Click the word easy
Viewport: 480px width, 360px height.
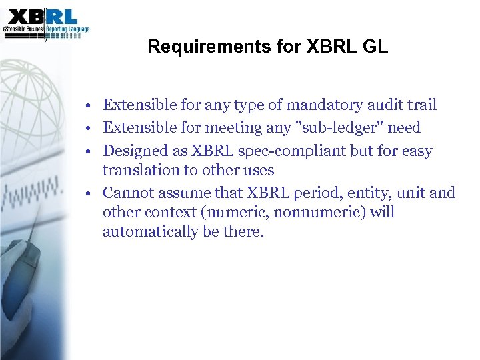point(415,151)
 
